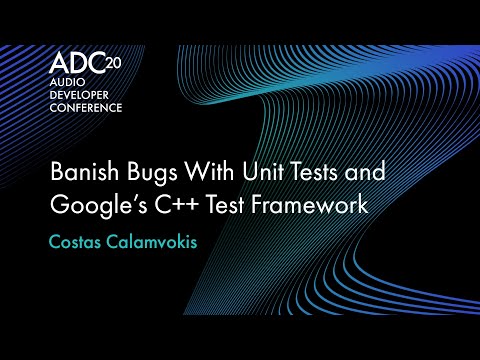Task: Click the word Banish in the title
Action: coord(82,173)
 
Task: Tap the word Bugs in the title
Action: coord(148,173)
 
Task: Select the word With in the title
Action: coord(206,173)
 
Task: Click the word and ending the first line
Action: coord(364,173)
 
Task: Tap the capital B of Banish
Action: coord(57,173)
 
